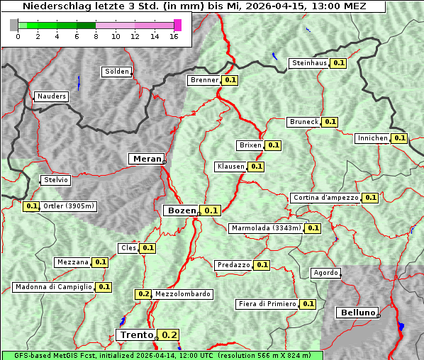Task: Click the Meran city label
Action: tap(146, 159)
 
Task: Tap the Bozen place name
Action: tap(180, 210)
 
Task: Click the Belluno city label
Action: tap(357, 313)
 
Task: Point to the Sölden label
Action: tap(117, 72)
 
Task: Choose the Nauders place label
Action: tap(52, 96)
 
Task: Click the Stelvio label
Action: tap(56, 180)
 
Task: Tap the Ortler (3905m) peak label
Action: tap(69, 206)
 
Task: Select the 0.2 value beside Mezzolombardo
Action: tap(143, 294)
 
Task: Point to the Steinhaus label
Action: tap(309, 63)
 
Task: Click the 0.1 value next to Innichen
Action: tap(399, 138)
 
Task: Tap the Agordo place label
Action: tap(326, 273)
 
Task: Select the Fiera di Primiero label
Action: tap(267, 304)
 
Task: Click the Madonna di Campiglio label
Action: tap(53, 287)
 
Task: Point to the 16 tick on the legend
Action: tap(174, 36)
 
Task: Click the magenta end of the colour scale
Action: tap(177, 25)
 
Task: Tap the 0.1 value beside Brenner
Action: tap(230, 80)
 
